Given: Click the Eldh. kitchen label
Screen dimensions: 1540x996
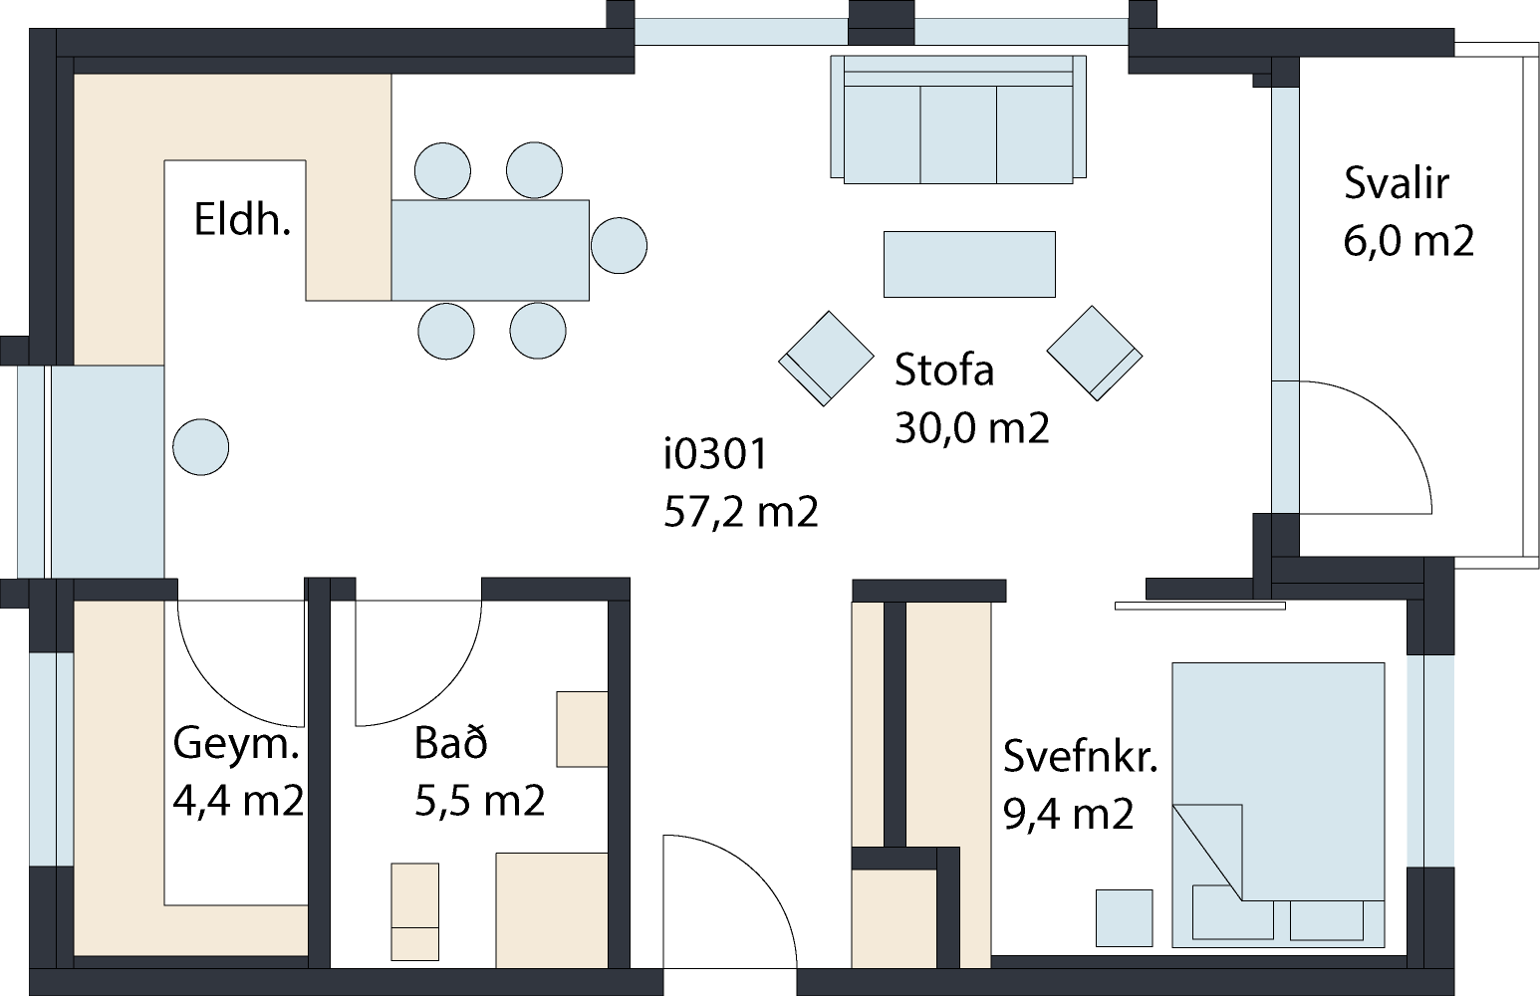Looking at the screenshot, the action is click(x=242, y=219).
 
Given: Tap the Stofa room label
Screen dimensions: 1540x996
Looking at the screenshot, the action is click(x=944, y=370).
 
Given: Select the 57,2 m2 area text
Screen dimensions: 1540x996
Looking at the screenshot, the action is click(x=741, y=512).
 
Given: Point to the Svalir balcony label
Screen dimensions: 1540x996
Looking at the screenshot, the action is click(x=1397, y=183).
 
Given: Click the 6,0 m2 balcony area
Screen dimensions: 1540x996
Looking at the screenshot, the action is click(x=1409, y=241).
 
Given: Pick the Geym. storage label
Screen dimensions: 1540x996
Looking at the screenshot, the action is click(x=236, y=743).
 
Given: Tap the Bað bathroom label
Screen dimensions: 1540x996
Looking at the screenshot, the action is click(x=451, y=742).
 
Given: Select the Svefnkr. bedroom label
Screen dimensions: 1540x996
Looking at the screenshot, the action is click(x=1081, y=756).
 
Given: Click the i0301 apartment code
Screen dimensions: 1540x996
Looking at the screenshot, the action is click(x=715, y=454).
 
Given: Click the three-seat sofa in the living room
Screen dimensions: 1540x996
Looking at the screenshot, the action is click(x=958, y=120).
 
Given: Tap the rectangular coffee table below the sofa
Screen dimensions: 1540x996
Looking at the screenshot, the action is click(x=969, y=265).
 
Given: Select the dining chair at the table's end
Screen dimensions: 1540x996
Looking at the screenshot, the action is click(x=619, y=245).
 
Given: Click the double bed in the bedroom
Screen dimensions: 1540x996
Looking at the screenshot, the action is click(x=1278, y=805).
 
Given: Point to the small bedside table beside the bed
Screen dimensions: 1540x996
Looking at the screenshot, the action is click(x=1124, y=917).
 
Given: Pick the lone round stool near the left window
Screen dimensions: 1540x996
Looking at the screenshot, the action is click(x=201, y=447).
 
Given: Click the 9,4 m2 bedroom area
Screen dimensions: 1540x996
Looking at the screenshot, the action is click(x=1069, y=814).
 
